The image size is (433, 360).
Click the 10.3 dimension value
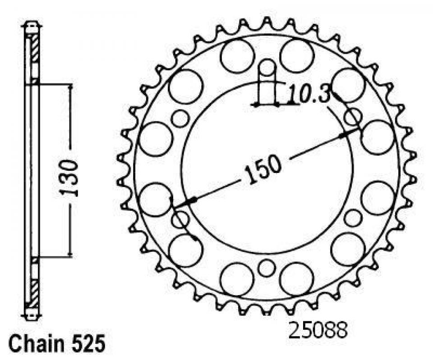click(x=309, y=95)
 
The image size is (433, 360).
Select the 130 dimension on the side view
click(x=69, y=178)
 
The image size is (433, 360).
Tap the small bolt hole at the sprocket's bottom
click(x=267, y=268)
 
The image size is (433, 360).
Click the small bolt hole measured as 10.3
click(x=267, y=68)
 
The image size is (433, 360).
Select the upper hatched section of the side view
click(x=35, y=49)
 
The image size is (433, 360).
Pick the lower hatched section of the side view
click(x=35, y=293)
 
